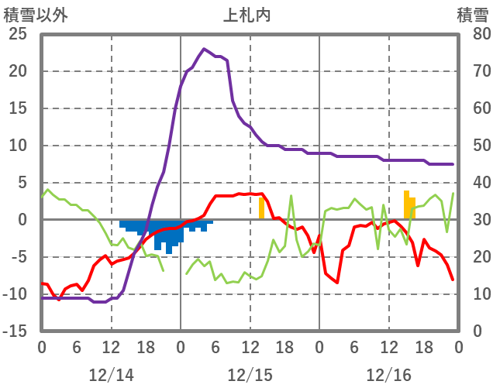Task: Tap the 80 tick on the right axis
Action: [x=471, y=34]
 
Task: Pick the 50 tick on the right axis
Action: [x=471, y=146]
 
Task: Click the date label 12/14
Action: [x=111, y=375]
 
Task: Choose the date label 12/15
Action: [x=250, y=375]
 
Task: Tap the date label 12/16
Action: [x=388, y=375]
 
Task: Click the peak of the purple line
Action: [x=204, y=49]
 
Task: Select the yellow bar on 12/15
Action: [x=261, y=208]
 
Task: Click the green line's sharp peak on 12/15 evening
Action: [x=291, y=196]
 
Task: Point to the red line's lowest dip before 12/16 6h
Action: [x=337, y=283]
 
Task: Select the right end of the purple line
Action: [x=453, y=164]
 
